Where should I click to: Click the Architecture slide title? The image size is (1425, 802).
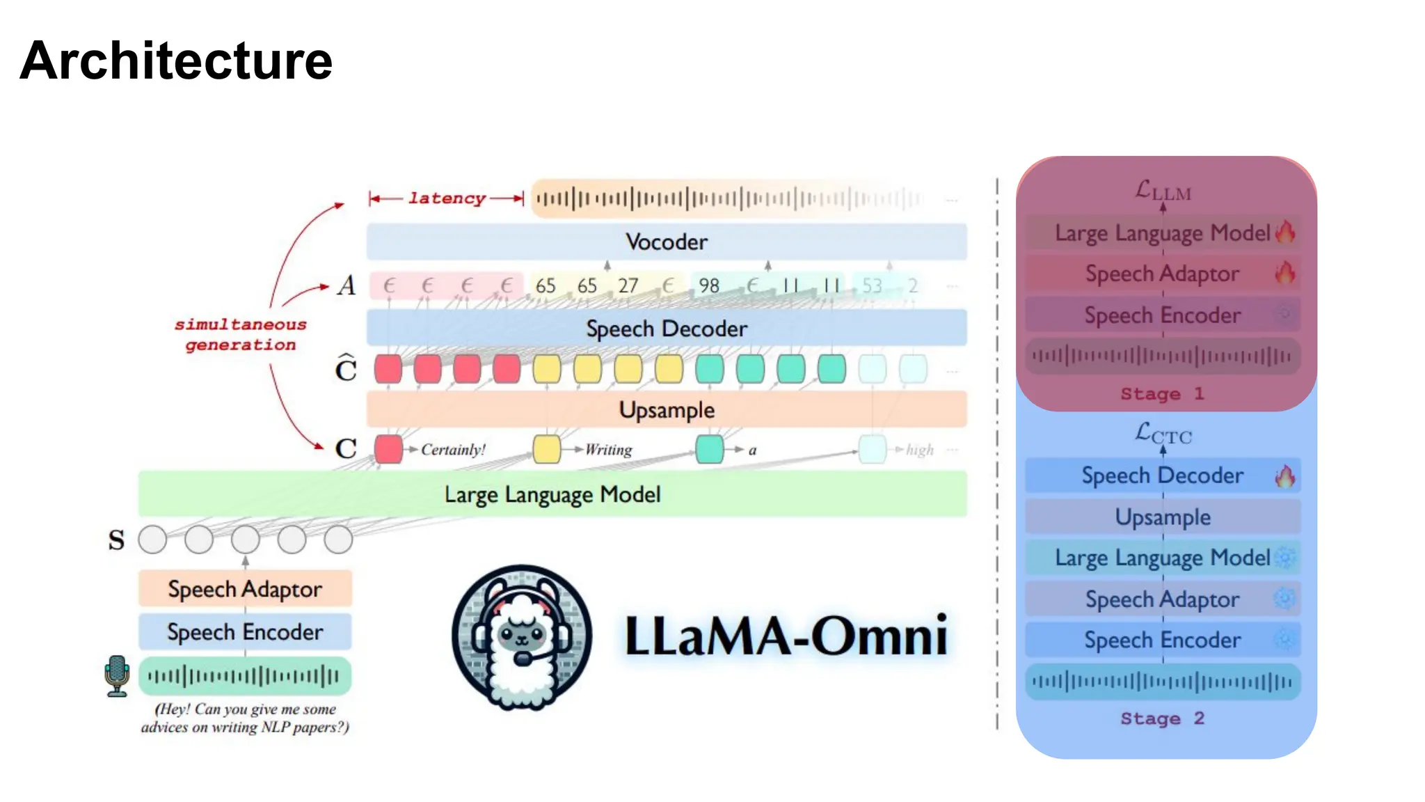[x=176, y=61]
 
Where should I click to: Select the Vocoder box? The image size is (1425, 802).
[x=666, y=242]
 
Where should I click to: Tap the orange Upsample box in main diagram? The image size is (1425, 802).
[x=666, y=409]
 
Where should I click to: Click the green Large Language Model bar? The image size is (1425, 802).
[x=552, y=494]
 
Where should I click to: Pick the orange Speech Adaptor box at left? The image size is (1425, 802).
[x=244, y=589]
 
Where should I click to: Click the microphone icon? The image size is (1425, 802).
[x=117, y=675]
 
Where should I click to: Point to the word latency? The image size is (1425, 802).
[x=447, y=198]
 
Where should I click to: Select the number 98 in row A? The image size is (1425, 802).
[x=708, y=285]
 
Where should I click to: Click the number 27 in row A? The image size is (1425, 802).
[x=628, y=285]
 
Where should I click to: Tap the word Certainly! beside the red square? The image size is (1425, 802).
[x=453, y=450]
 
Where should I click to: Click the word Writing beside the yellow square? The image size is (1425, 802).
[x=609, y=450]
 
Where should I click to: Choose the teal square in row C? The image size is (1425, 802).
[x=709, y=449]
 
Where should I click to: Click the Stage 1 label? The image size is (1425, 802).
[x=1161, y=394]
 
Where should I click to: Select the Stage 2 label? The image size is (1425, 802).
[x=1161, y=718]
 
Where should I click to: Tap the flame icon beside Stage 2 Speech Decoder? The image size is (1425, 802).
[x=1284, y=476]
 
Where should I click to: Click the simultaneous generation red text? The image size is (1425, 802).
[x=240, y=335]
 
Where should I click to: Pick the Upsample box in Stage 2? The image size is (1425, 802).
[x=1162, y=517]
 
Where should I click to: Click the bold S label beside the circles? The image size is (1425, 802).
[x=116, y=540]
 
